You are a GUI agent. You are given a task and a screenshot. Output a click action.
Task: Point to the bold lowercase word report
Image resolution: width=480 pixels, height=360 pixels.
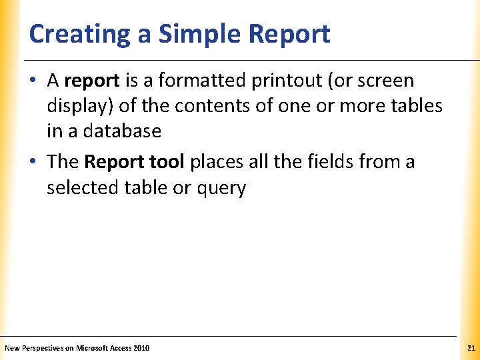point(91,81)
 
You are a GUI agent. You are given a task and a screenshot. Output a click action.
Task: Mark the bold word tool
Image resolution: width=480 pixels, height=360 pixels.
point(167,162)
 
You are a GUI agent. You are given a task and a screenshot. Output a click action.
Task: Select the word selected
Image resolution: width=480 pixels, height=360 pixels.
point(83,188)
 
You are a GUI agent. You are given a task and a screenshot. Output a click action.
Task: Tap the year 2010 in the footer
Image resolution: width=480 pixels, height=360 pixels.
point(141,348)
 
